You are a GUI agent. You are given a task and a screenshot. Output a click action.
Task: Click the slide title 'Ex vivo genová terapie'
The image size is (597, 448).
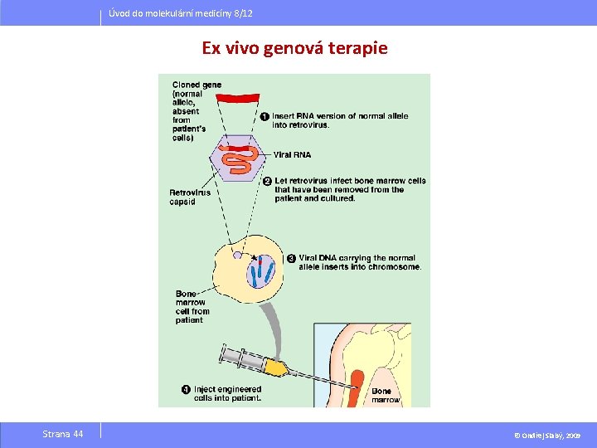294,48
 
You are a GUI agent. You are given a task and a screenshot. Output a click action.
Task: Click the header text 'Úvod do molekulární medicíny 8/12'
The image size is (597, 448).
181,14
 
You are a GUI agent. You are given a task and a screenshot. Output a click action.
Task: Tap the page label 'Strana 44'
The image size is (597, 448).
63,434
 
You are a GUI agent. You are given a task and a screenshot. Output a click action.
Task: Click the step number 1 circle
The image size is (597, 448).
265,116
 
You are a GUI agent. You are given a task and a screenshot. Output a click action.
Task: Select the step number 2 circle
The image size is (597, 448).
267,181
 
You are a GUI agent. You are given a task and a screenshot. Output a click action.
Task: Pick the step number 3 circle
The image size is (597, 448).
291,258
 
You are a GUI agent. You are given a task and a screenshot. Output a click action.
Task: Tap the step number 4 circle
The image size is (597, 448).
186,389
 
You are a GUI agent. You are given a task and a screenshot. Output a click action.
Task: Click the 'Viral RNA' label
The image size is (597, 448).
292,155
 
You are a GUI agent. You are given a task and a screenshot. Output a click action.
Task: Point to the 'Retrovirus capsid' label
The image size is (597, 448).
190,197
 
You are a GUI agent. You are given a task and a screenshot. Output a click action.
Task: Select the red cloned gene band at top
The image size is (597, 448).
241,98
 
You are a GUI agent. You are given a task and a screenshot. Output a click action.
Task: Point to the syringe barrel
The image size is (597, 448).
240,358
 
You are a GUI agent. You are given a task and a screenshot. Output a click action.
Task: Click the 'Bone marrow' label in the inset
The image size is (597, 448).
385,395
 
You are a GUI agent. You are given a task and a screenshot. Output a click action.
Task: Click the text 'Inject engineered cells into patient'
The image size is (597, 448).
227,393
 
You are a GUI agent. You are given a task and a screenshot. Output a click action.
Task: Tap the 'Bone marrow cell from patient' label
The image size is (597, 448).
192,307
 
